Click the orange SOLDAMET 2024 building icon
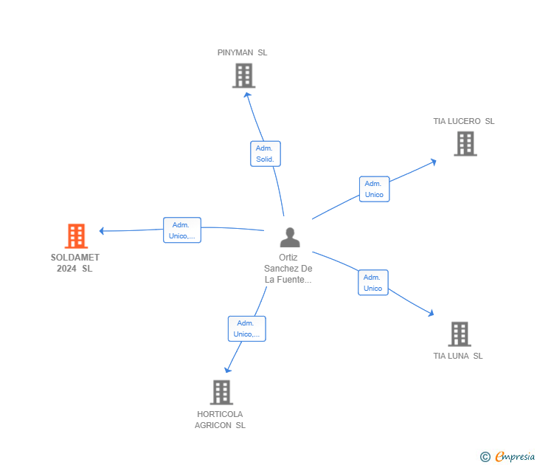coord(76,235)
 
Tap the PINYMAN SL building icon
coord(243,75)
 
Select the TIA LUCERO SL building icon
coord(465,143)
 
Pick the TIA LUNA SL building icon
coord(459,334)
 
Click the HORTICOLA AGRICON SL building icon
coord(221,392)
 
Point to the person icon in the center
coord(290,237)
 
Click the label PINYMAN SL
coord(242,52)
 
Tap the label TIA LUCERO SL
coord(463,121)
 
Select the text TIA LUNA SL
coord(457,356)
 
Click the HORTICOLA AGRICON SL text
coord(220,419)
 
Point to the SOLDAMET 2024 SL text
coord(75,263)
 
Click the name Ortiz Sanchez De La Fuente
coord(288,269)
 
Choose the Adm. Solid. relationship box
coord(265,154)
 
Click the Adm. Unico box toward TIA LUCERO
coord(374,189)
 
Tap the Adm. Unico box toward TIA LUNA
coord(373,283)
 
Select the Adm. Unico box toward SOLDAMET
coord(181,230)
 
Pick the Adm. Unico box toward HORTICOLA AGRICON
coord(246,328)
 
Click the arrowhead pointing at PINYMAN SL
coord(246,94)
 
